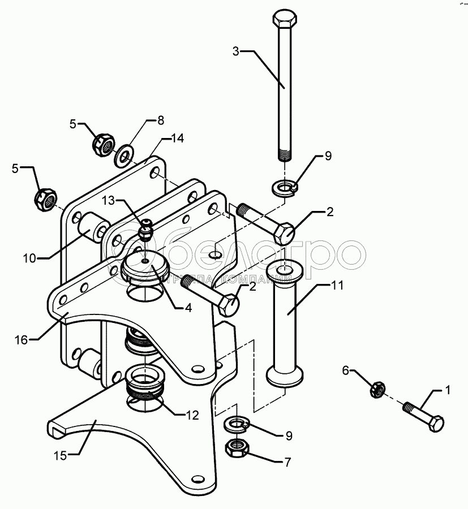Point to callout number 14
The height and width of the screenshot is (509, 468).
pyautogui.click(x=177, y=137)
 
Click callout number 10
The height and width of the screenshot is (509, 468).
pyautogui.click(x=29, y=258)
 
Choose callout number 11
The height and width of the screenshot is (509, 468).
pyautogui.click(x=337, y=286)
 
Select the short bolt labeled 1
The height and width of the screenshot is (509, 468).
pyautogui.click(x=423, y=417)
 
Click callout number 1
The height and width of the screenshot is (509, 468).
pyautogui.click(x=447, y=390)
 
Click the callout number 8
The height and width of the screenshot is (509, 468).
pyautogui.click(x=160, y=120)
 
